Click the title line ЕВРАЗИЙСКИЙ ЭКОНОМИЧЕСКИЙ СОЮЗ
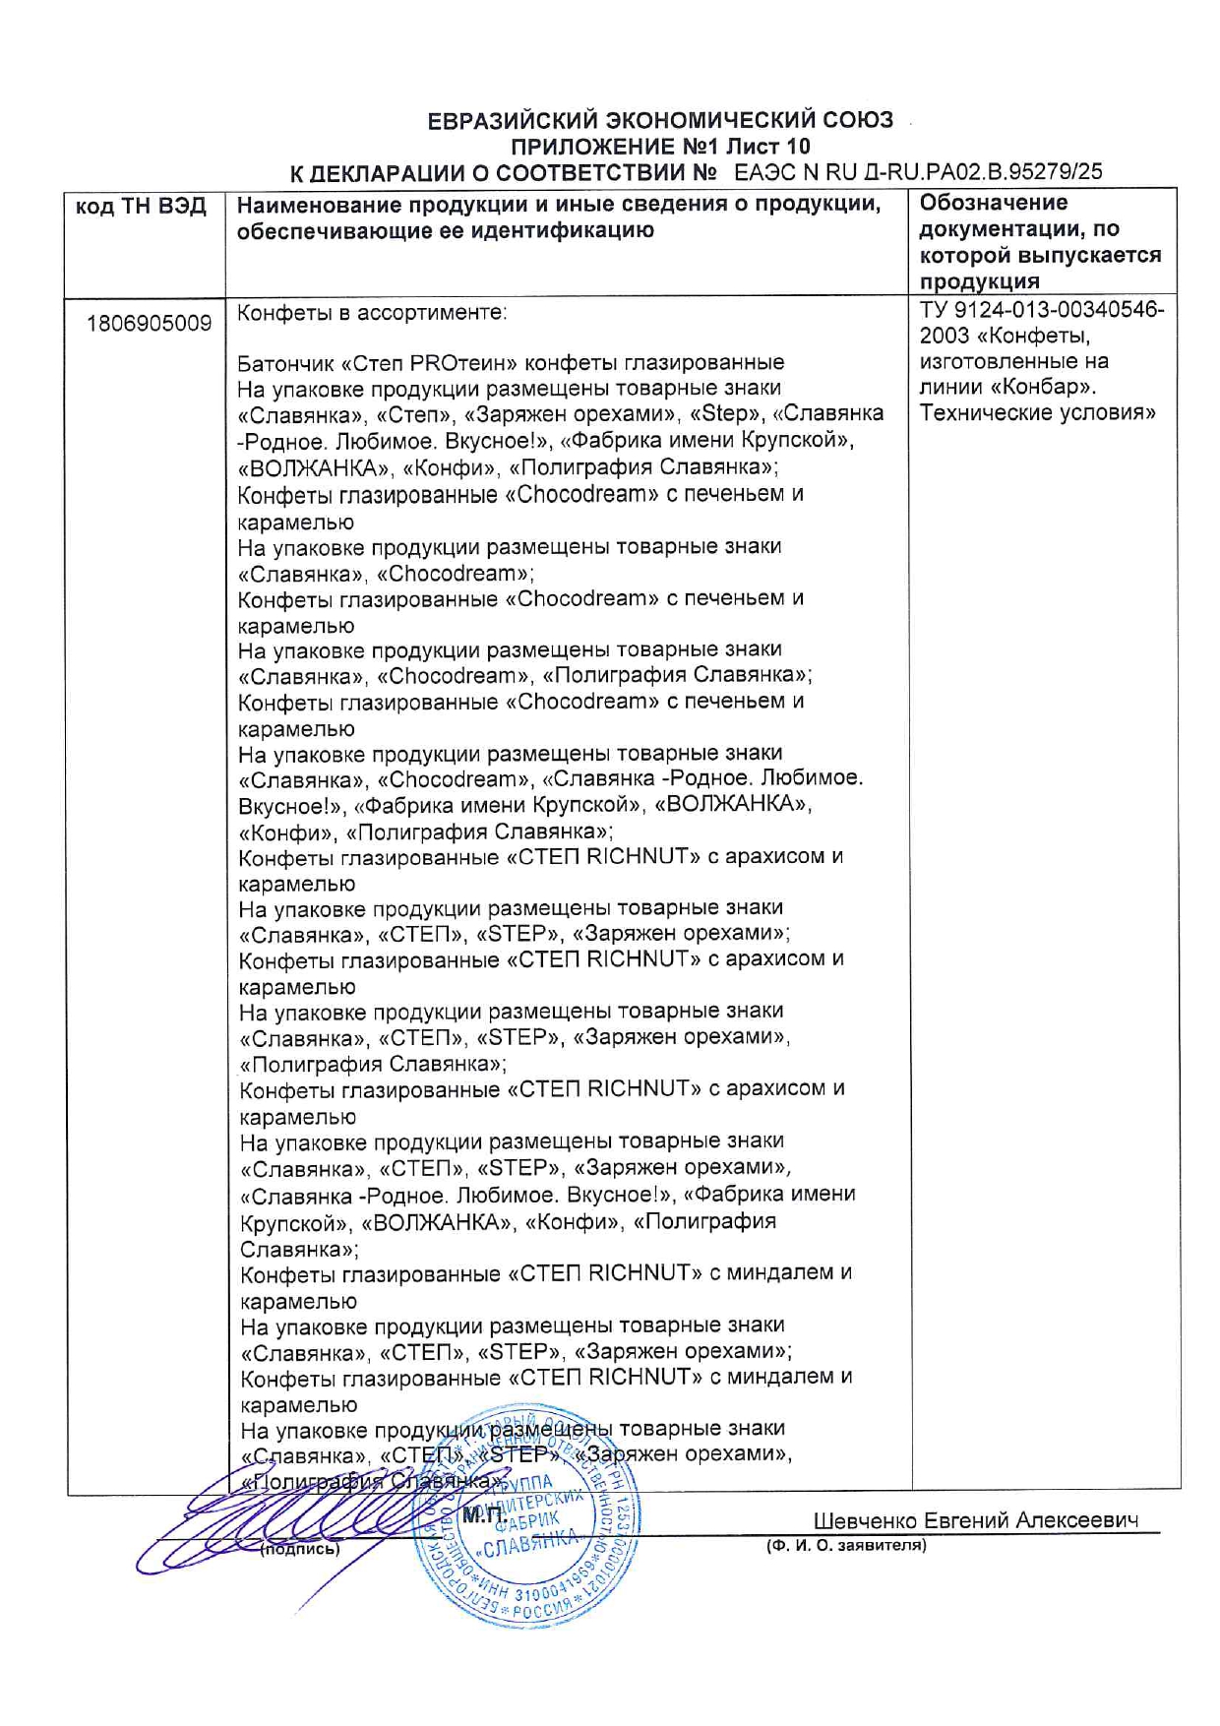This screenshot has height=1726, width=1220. [x=660, y=121]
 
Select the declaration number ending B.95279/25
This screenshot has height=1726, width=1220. [x=918, y=172]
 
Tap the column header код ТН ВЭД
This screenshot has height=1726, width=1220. [x=141, y=207]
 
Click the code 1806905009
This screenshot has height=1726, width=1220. [x=149, y=323]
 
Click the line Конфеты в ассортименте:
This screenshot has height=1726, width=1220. [x=372, y=313]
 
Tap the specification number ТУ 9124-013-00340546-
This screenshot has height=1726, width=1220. [x=1041, y=310]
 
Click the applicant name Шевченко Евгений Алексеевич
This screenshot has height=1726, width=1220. [x=976, y=1520]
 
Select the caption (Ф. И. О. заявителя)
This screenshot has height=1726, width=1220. [x=846, y=1545]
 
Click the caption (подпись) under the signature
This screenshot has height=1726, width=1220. [x=299, y=1549]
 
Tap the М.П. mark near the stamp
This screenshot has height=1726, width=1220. [x=483, y=1516]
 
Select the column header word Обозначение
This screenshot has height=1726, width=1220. [x=993, y=203]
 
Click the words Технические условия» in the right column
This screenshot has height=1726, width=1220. [x=1037, y=413]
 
